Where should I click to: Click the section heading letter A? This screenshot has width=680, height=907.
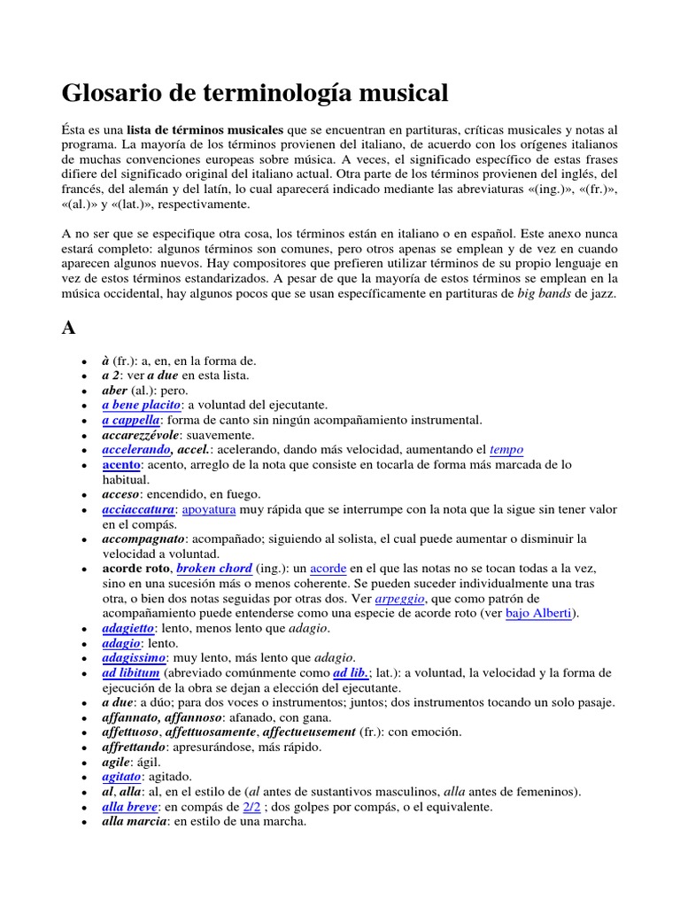tap(68, 328)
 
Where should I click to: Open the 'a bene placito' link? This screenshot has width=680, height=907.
tap(142, 404)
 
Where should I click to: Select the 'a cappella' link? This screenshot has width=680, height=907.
tap(131, 420)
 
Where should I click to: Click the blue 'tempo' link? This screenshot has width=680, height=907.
tap(506, 450)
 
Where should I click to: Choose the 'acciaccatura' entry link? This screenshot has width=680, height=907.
tap(139, 509)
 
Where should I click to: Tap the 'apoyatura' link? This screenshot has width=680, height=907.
tap(212, 509)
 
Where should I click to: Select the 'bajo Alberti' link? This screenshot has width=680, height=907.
tap(539, 613)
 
